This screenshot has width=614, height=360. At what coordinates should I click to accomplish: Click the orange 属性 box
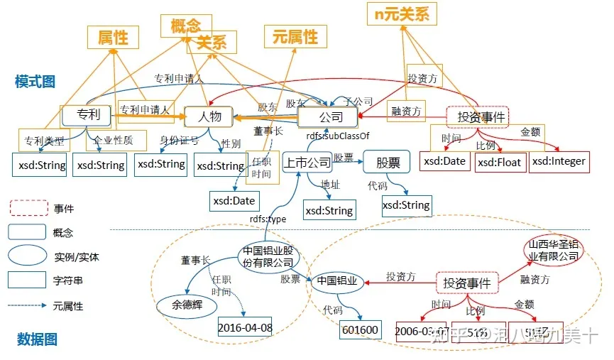pos(112,38)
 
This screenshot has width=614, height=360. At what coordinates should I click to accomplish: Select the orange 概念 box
pos(187,26)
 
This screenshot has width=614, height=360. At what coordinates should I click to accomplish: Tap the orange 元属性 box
pos(295,37)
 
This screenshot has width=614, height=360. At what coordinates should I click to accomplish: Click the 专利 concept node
pos(88,114)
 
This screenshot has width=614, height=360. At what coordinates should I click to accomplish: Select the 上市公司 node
pos(307,163)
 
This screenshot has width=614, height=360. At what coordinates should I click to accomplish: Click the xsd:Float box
pos(498,162)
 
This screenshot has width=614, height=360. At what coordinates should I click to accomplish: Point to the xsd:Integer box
pos(559,161)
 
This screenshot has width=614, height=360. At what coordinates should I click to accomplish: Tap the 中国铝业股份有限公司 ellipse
pos(266,257)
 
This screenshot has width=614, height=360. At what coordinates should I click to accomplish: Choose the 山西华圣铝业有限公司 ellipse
pos(552,251)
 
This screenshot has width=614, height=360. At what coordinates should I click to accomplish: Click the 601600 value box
pos(361,329)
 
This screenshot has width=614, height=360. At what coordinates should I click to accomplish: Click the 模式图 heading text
pos(35,82)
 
